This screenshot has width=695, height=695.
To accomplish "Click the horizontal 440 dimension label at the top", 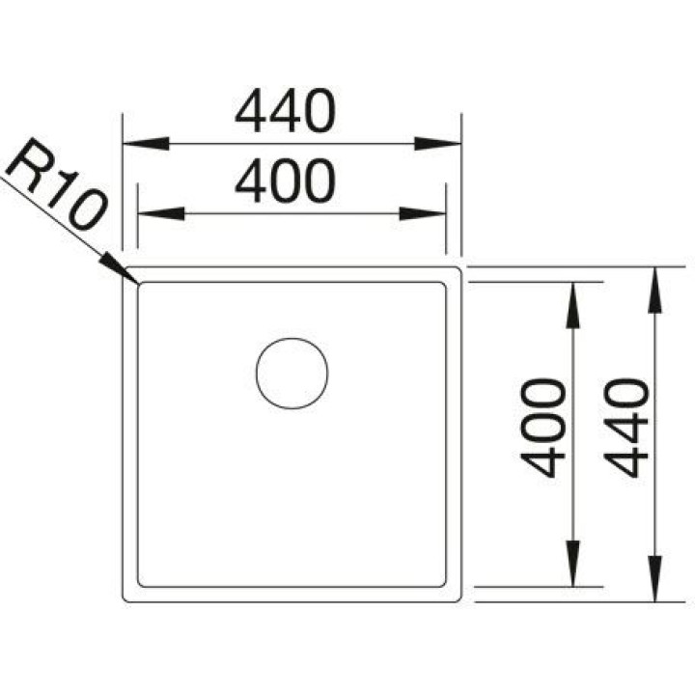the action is [285, 110].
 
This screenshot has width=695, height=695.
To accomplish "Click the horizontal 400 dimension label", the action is [285, 181].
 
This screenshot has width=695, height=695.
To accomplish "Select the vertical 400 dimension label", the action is [542, 428].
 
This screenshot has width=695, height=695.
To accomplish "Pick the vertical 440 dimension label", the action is [626, 428].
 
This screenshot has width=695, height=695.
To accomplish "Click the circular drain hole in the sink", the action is [292, 374].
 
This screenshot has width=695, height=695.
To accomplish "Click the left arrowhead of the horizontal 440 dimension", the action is [146, 144].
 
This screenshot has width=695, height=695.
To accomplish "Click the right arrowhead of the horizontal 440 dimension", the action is [438, 144].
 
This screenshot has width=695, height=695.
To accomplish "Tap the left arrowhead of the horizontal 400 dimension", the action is [161, 213].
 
